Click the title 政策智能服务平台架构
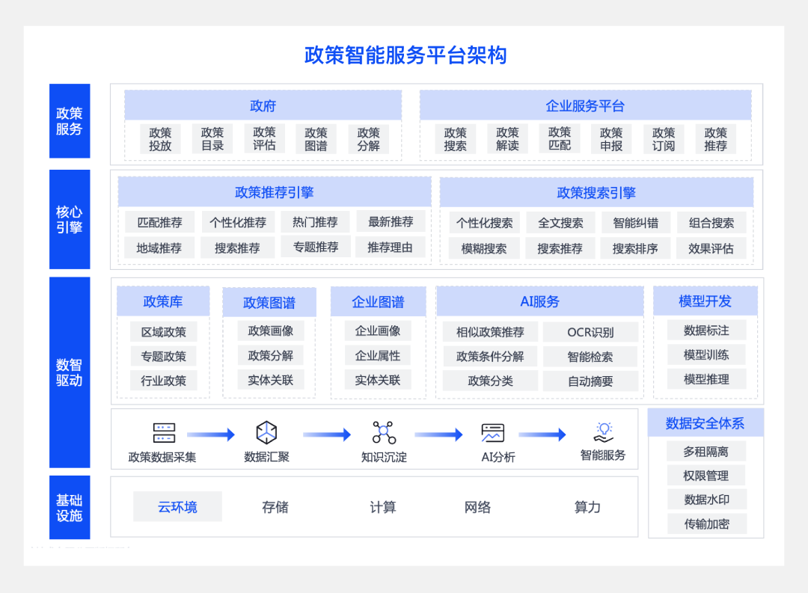[405, 55]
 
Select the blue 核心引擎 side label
[70, 220]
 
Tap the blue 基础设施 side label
[70, 508]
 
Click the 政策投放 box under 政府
[160, 139]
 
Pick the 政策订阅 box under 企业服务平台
[664, 139]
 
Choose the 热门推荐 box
[315, 222]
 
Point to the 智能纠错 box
[635, 223]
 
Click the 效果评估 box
[711, 248]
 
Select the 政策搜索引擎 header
[596, 193]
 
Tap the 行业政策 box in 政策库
[163, 381]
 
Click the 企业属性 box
[378, 356]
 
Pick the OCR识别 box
[590, 332]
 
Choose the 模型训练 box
[706, 354]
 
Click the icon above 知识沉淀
[384, 432]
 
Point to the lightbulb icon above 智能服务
[604, 431]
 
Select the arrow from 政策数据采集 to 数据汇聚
[210, 434]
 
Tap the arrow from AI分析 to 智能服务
[542, 434]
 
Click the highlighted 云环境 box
[177, 507]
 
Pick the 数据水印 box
[706, 500]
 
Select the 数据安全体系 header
[705, 423]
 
